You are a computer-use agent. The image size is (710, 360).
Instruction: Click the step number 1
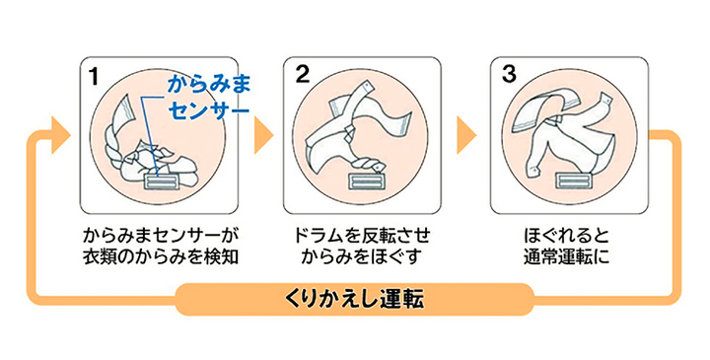point(94,76)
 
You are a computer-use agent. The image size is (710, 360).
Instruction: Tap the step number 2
point(302,75)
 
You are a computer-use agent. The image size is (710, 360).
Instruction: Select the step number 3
point(509,75)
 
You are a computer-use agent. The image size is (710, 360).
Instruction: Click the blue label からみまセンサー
point(209,98)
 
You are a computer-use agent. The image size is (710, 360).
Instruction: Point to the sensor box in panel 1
point(162,182)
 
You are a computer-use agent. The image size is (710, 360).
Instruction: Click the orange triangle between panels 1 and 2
point(263,135)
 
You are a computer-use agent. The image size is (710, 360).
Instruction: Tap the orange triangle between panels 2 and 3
point(466,135)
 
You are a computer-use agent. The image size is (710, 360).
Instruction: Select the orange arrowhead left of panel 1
point(61,135)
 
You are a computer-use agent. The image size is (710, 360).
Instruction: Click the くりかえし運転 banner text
point(354,300)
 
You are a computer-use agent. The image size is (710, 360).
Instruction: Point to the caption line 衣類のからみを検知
point(161,256)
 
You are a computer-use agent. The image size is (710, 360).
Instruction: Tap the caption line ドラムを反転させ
point(362,236)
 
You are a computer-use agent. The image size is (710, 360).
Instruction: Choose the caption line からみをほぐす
point(362,256)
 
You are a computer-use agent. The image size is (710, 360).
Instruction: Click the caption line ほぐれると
point(566,236)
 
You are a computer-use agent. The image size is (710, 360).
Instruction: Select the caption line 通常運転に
point(566,256)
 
